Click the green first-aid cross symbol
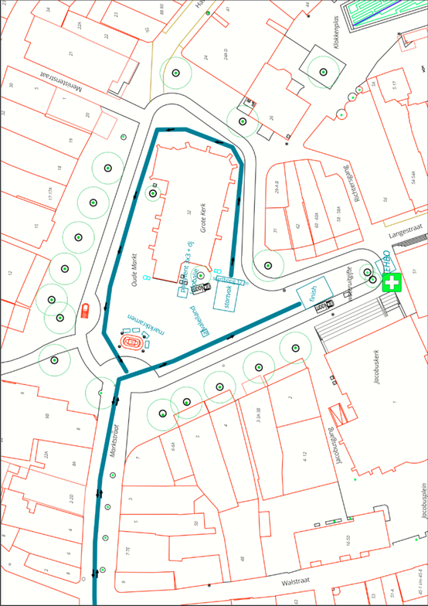tap(393, 283)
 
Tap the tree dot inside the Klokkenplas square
tap(323, 72)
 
